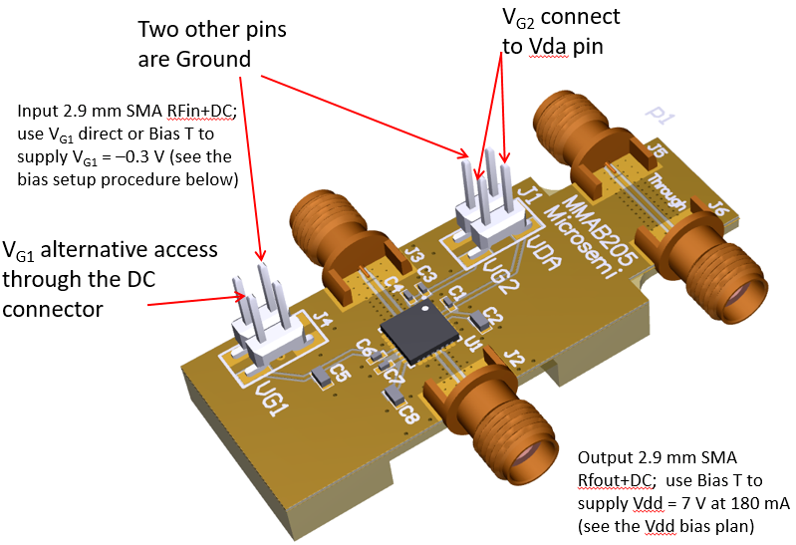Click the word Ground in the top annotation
[214, 59]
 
